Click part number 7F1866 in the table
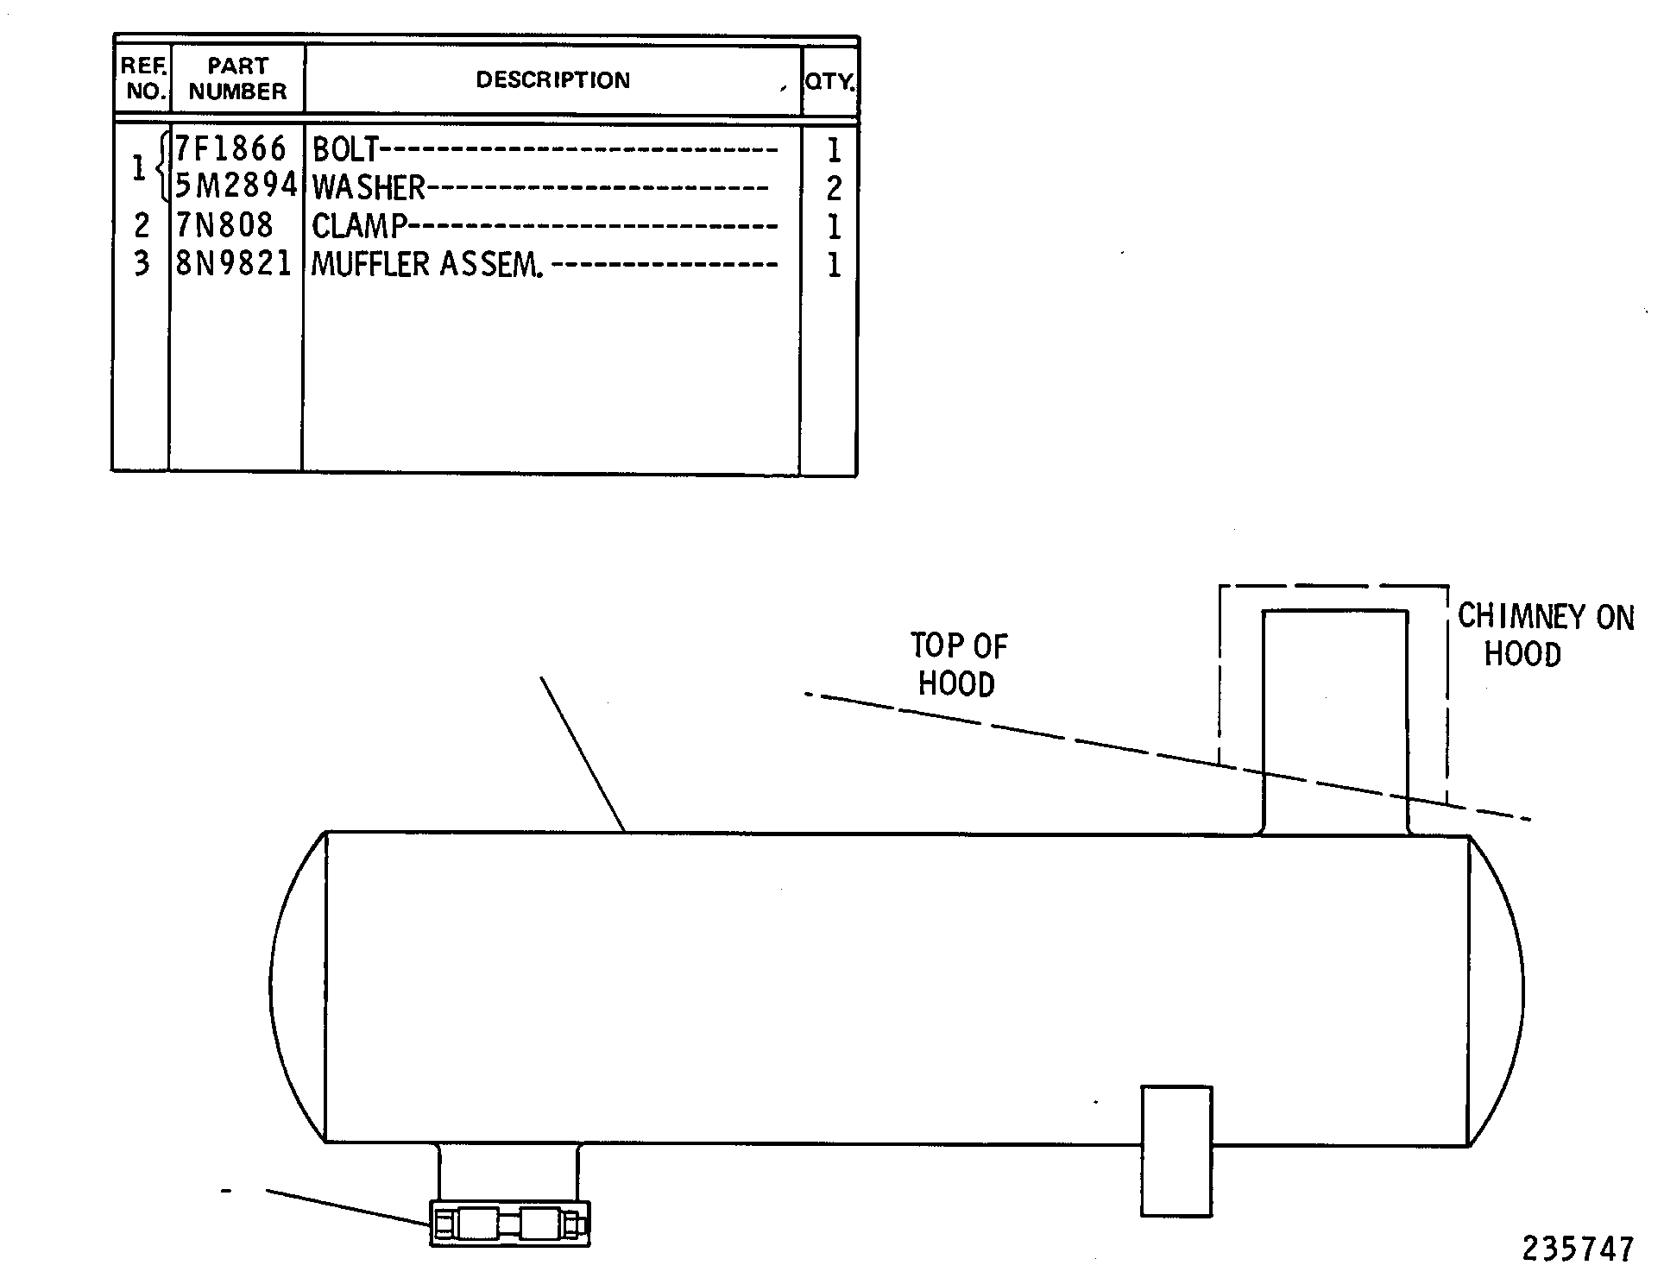click(230, 149)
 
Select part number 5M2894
click(236, 186)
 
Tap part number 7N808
click(224, 225)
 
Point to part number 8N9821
click(234, 263)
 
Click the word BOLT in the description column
click(345, 150)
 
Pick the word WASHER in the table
click(369, 187)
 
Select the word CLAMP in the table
click(359, 226)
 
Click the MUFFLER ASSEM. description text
click(427, 264)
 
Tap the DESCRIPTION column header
click(553, 80)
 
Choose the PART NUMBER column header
click(237, 79)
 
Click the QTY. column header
click(829, 82)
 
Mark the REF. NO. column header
click(143, 79)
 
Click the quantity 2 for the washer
click(834, 188)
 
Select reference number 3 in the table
click(142, 263)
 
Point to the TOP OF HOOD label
click(958, 664)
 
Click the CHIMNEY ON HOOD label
click(1546, 635)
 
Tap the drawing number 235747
click(1578, 1249)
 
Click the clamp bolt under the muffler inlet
click(510, 1224)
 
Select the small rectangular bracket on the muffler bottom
click(1176, 1151)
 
